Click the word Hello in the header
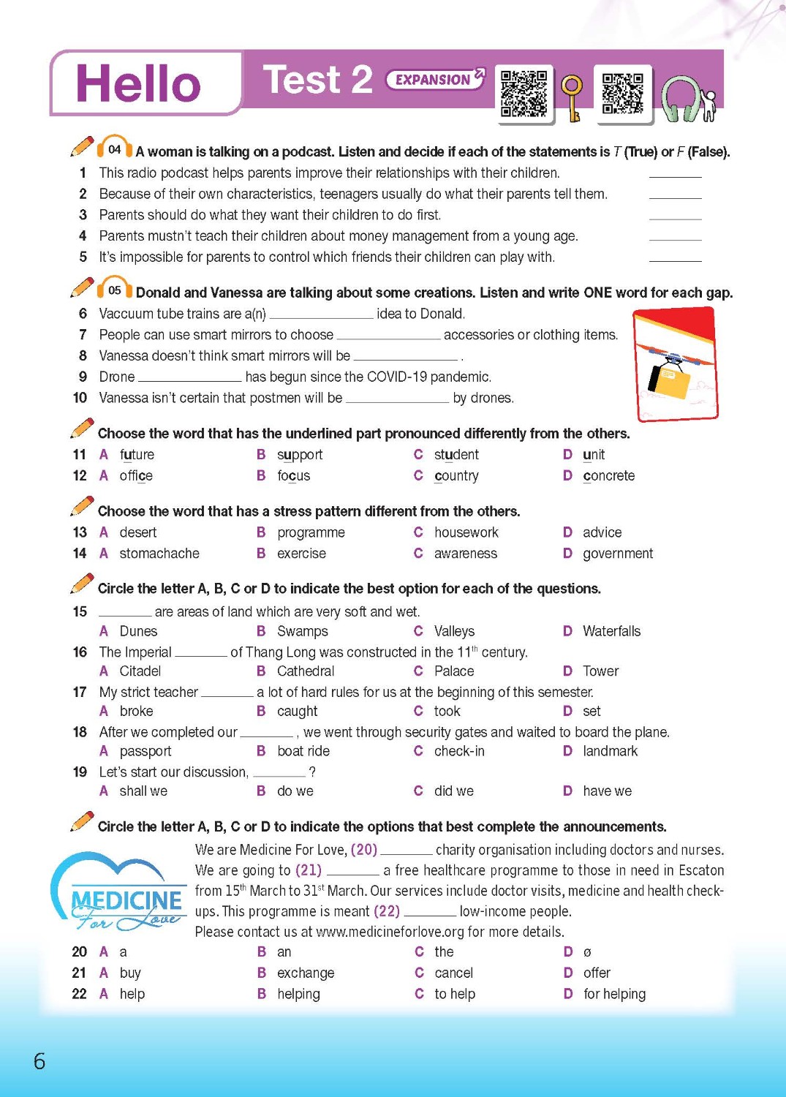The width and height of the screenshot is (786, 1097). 138,83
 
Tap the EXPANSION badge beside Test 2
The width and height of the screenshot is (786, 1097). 434,80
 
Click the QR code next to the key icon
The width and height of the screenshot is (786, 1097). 524,93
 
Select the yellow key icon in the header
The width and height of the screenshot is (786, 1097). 572,97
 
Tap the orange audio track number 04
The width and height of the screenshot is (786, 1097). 114,149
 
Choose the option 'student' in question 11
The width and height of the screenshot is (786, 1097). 456,455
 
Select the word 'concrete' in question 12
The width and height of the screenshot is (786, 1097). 608,476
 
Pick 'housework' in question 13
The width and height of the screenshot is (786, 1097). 466,532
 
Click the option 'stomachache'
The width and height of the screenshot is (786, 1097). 159,554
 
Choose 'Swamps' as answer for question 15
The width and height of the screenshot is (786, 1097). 302,631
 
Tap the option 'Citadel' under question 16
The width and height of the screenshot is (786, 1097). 140,671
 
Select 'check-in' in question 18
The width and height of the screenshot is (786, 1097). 459,751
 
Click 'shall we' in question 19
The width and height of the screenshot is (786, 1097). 143,791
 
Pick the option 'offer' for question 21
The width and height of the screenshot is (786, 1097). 597,973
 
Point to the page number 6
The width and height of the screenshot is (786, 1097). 39,1061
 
